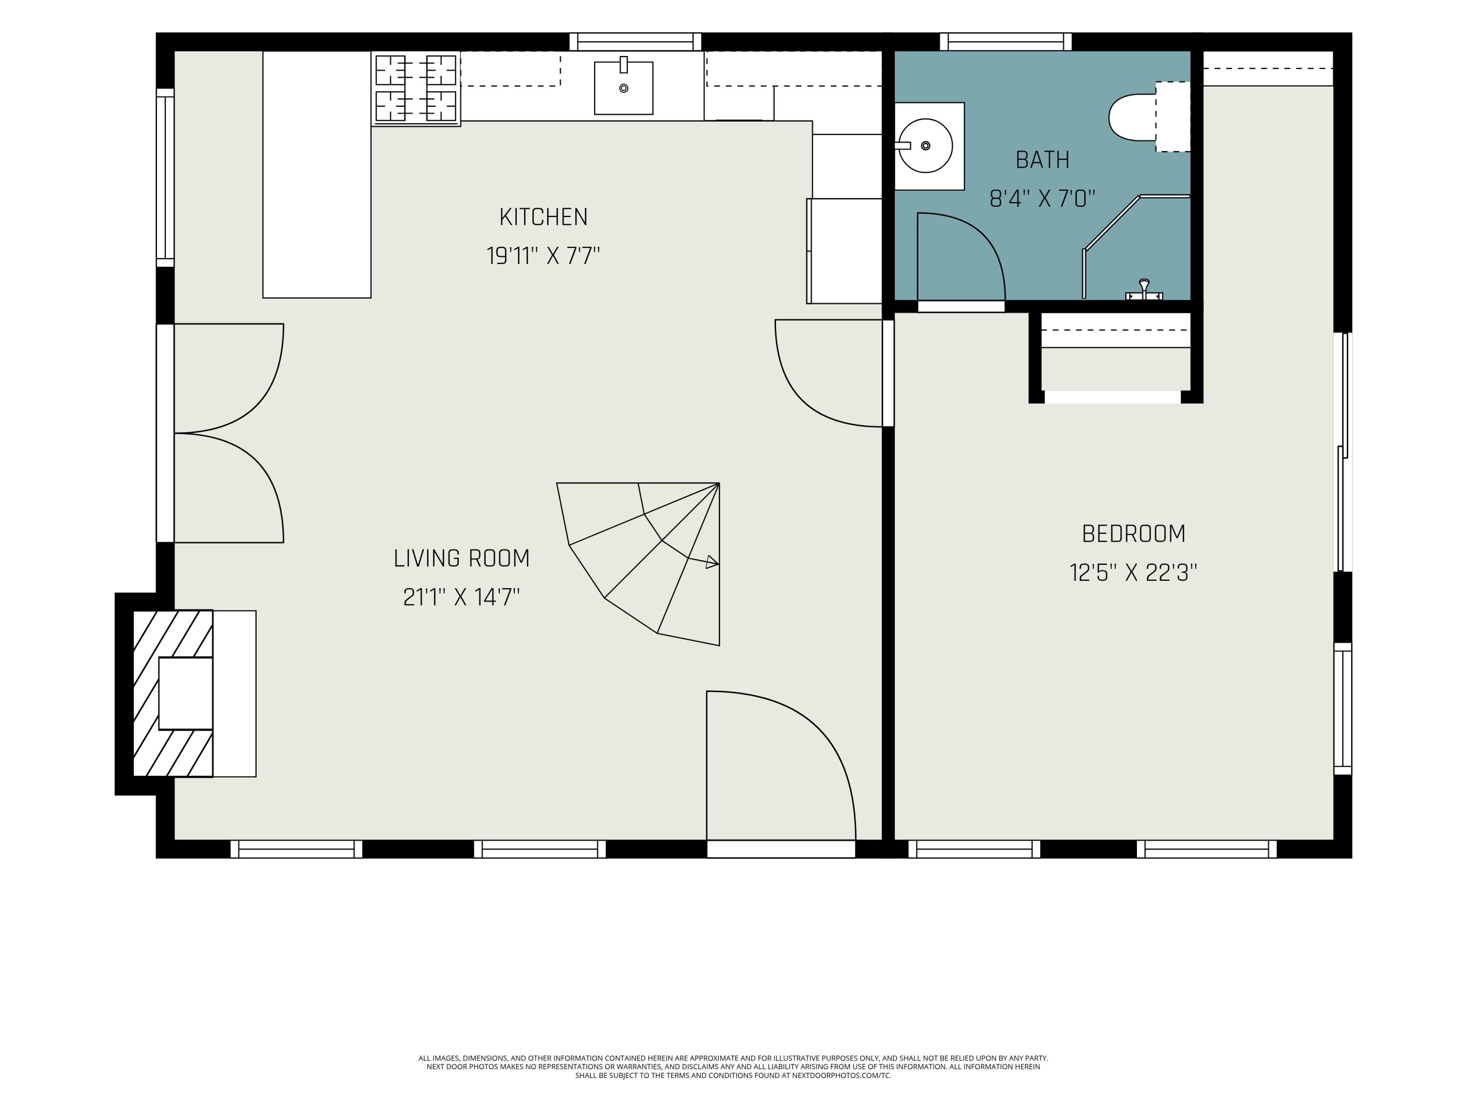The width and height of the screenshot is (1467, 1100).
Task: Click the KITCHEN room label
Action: pos(543,217)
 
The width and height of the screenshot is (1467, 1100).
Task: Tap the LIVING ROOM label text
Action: pos(462,558)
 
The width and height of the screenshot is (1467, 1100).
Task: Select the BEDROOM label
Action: pos(1134,534)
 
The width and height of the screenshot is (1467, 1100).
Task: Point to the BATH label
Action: pos(1043,160)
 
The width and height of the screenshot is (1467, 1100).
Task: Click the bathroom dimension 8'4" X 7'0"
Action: pos(1043,198)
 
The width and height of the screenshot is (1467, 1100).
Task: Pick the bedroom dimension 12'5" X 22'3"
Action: pos(1134,572)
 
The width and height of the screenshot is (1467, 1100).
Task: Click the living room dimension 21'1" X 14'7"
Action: pos(462,597)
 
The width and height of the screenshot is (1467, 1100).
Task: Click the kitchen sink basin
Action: pos(623,88)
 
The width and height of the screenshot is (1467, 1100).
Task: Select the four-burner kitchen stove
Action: pos(416,89)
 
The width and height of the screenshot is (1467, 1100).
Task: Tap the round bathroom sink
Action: pos(925,146)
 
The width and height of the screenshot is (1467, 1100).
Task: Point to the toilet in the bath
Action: pos(1149,117)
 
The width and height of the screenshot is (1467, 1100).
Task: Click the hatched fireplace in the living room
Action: pos(173,693)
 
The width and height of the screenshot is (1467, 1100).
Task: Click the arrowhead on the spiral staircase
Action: pos(711,562)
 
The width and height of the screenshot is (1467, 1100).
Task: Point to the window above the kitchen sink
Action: pos(635,42)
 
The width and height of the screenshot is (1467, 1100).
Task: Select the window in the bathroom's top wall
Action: pos(1005,42)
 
